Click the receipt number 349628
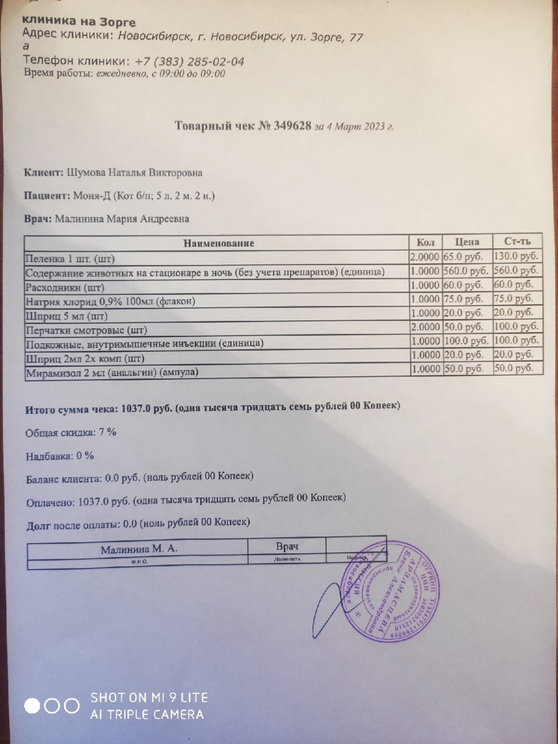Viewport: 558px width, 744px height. (287, 126)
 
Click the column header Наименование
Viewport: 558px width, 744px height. (218, 243)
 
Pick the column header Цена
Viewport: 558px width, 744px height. (466, 242)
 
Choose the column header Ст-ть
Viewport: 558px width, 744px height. (516, 242)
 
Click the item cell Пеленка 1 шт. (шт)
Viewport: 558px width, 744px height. (71, 257)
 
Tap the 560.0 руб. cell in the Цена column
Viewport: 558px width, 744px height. (465, 271)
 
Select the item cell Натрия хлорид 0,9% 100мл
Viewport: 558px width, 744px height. (107, 301)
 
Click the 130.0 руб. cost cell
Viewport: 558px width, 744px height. (515, 256)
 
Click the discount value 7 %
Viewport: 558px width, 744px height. (107, 432)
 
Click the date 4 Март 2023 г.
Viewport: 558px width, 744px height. (360, 127)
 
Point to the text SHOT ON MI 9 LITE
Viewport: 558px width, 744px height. (149, 697)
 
